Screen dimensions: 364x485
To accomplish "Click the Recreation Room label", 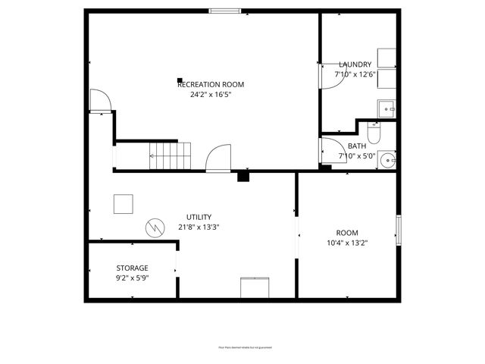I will pyautogui.click(x=211, y=84).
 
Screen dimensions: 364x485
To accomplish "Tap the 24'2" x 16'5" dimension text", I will pyautogui.click(x=211, y=95).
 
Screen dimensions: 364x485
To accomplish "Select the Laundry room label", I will pyautogui.click(x=355, y=64).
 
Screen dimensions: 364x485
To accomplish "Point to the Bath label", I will pyautogui.click(x=356, y=146).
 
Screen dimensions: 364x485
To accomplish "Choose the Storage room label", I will pyautogui.click(x=132, y=268).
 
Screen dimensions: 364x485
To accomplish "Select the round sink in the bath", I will pyautogui.click(x=388, y=159).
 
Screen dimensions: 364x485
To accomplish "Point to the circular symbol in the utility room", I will pyautogui.click(x=155, y=227).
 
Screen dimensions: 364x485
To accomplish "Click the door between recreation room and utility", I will pyautogui.click(x=218, y=159).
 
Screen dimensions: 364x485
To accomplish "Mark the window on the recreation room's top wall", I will pyautogui.click(x=226, y=11).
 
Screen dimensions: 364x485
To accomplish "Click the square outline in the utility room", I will pyautogui.click(x=123, y=205).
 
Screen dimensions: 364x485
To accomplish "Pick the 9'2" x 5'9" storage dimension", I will pyautogui.click(x=132, y=278).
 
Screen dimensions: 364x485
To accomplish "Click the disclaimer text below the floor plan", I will pyautogui.click(x=242, y=348).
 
